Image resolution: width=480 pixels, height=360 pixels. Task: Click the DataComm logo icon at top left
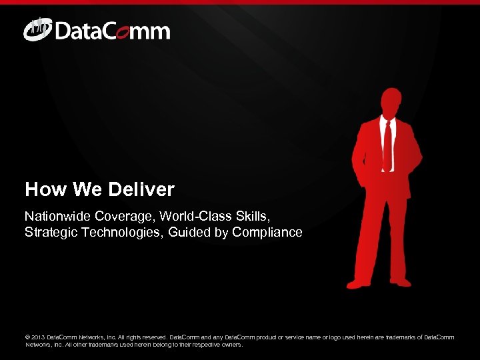[x=37, y=30]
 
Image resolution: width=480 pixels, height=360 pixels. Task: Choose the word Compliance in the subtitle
[x=269, y=233]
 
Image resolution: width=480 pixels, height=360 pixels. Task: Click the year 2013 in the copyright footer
[x=38, y=337]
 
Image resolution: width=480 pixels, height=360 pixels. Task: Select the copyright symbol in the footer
[x=28, y=337]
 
